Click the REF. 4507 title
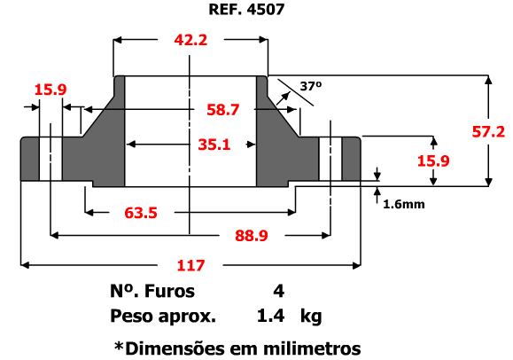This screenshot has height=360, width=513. coord(246,9)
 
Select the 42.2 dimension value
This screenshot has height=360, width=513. coord(190,40)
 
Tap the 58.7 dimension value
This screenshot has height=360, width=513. coord(223,109)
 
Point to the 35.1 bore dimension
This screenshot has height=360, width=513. coord(214,145)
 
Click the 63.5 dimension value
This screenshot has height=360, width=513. coord(141,213)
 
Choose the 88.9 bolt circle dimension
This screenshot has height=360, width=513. coord(252,236)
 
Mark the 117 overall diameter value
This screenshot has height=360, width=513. coord(190,265)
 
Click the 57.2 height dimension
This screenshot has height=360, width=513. coord(488,132)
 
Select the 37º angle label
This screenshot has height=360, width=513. coord(311,86)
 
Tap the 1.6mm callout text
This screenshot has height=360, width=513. coord(404,205)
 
